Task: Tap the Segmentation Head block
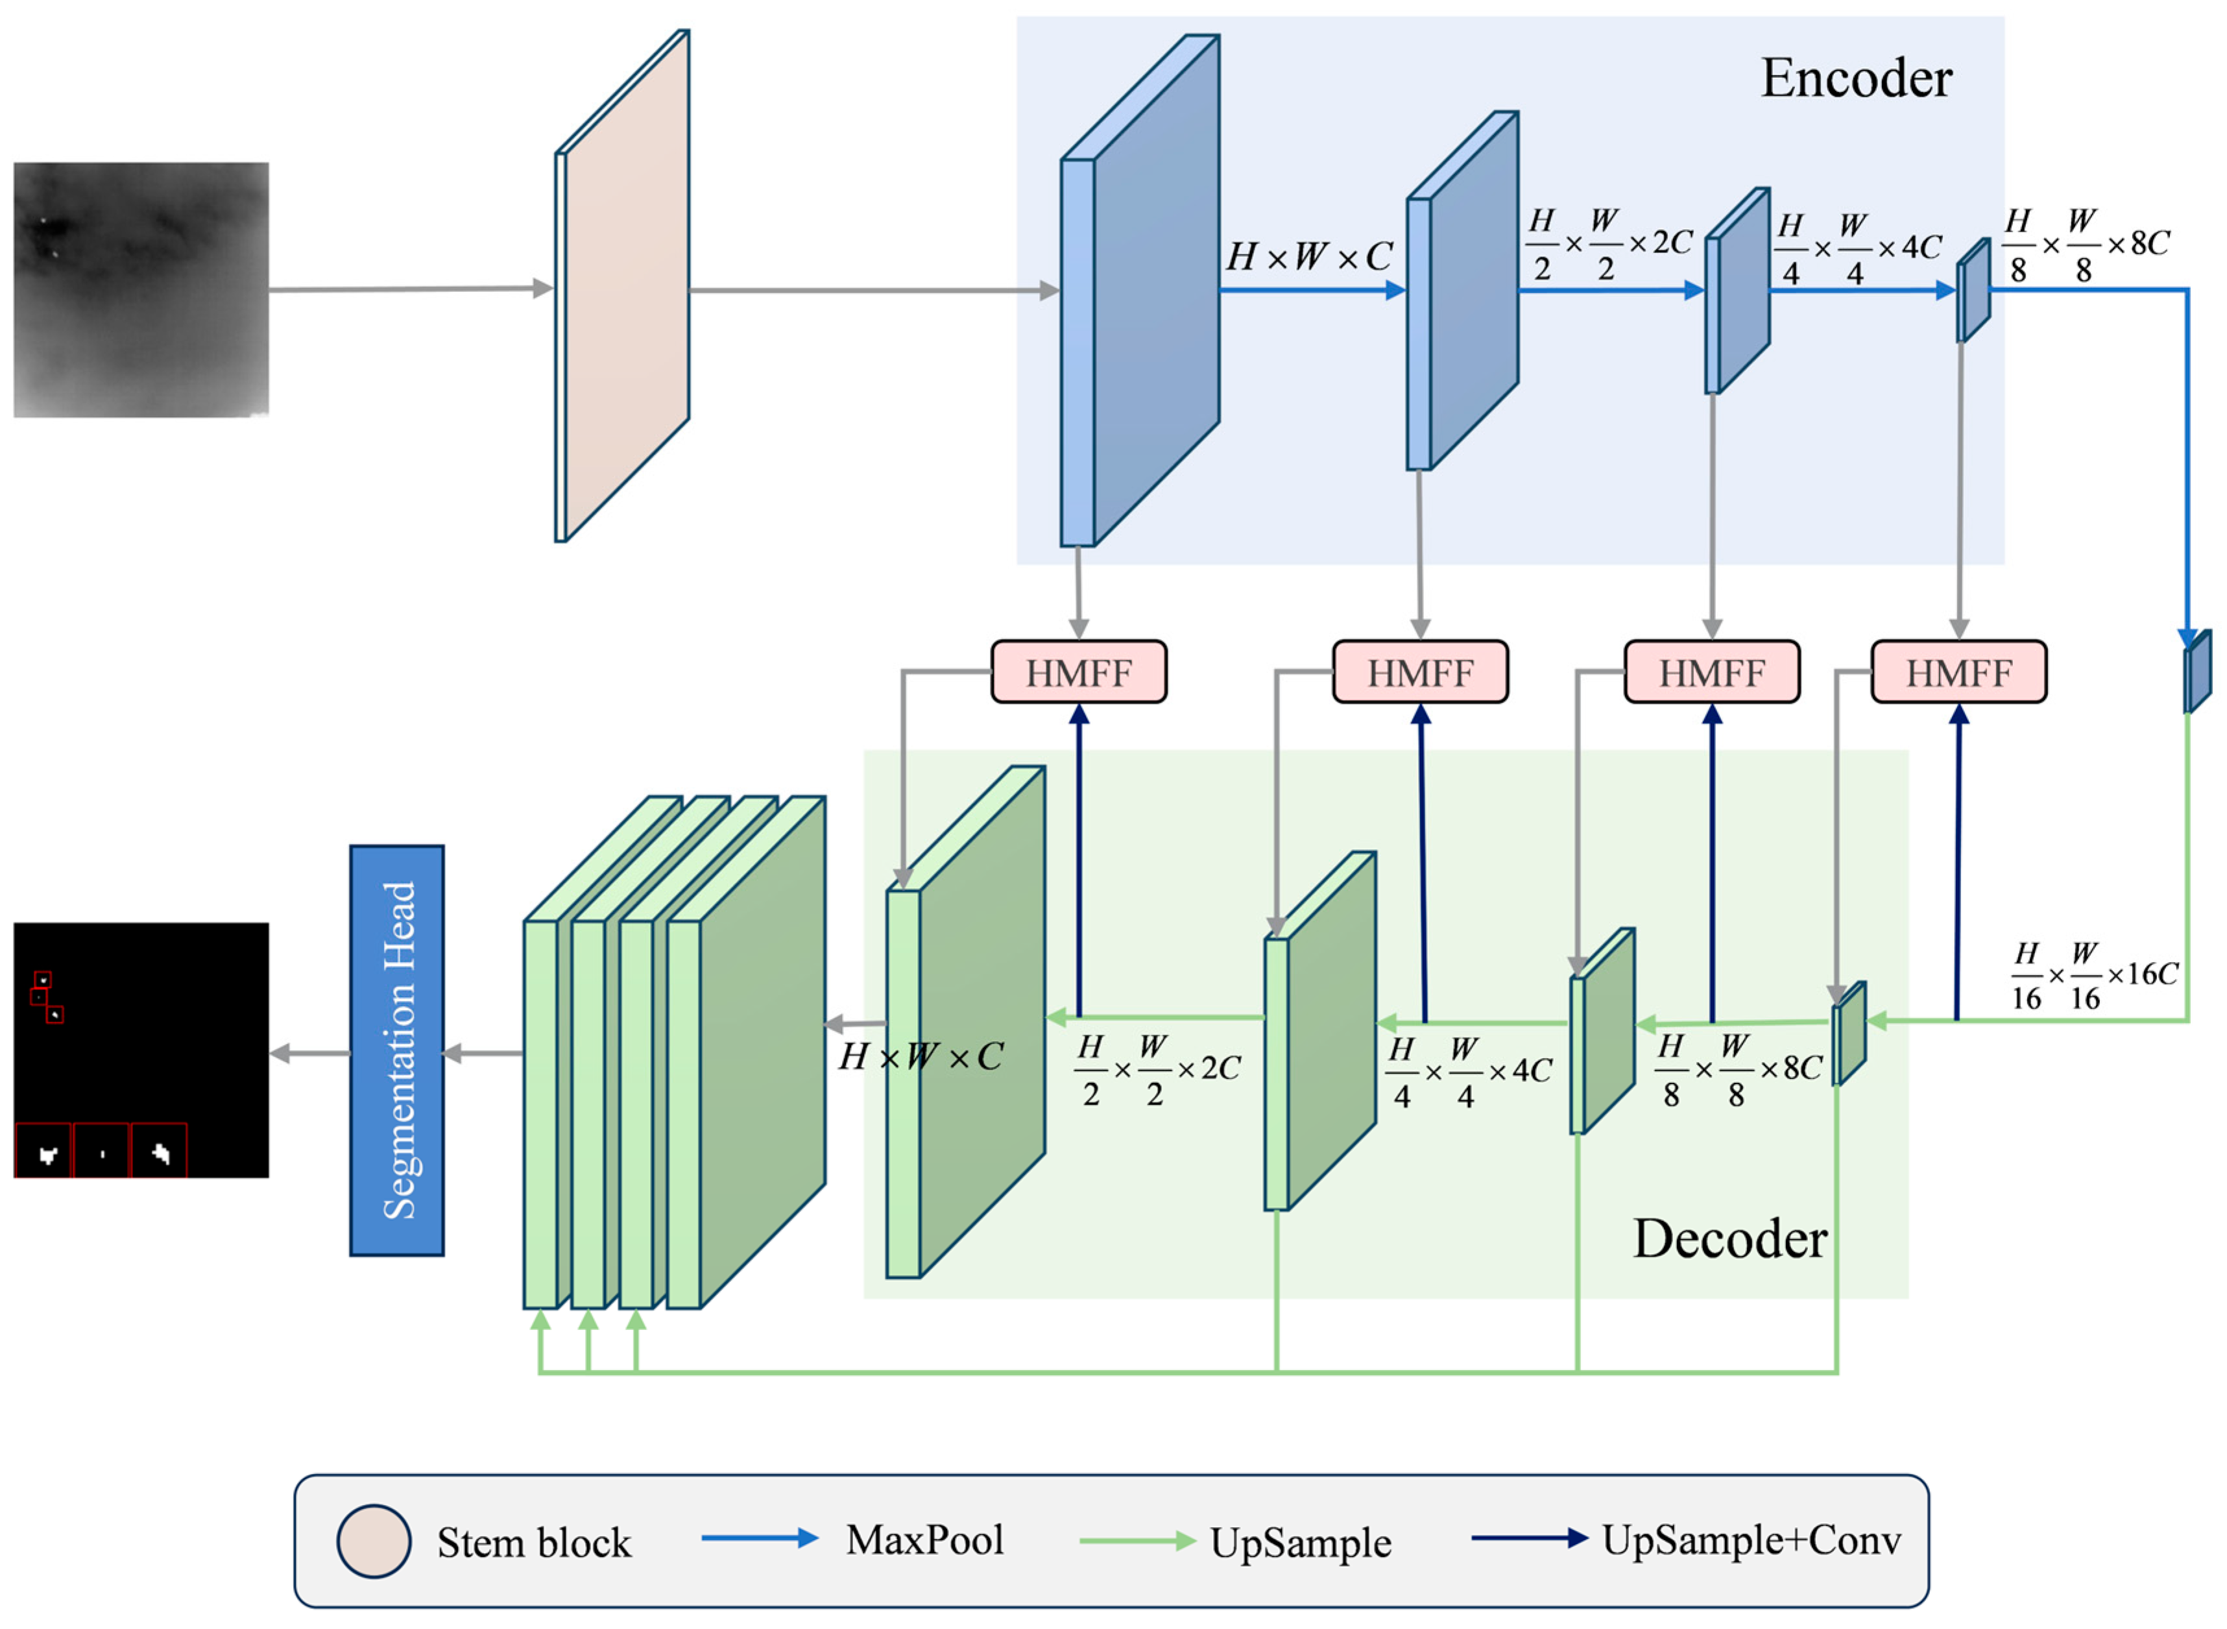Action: pyautogui.click(x=397, y=1050)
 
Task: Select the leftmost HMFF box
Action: pyautogui.click(x=1079, y=673)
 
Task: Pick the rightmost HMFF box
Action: pyautogui.click(x=1959, y=673)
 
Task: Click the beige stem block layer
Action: pyautogui.click(x=622, y=286)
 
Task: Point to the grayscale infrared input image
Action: pyautogui.click(x=141, y=290)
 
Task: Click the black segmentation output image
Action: pyautogui.click(x=141, y=1050)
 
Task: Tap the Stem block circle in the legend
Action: pyautogui.click(x=374, y=1542)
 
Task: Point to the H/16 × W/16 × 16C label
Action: pyautogui.click(x=2094, y=976)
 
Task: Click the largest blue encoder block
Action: pyautogui.click(x=1140, y=291)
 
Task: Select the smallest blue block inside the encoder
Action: pyautogui.click(x=1973, y=291)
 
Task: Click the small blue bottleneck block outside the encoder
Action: pyautogui.click(x=2197, y=671)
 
